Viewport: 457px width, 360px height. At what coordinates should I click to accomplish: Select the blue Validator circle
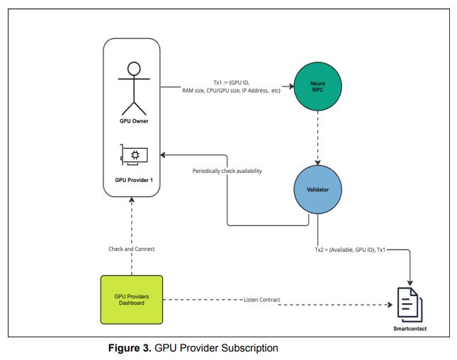(318, 191)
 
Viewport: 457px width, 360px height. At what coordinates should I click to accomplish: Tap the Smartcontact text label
(409, 330)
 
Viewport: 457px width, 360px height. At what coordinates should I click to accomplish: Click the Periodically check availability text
(227, 171)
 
